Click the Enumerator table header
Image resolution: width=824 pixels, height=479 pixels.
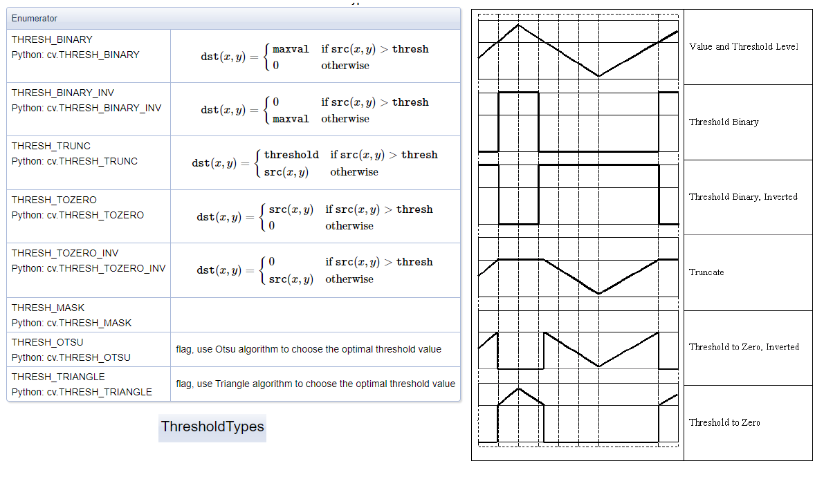34,19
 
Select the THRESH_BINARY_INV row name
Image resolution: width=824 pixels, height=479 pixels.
62,93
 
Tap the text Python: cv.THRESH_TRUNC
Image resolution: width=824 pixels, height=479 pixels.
75,161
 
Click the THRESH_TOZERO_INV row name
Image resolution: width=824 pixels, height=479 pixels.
65,253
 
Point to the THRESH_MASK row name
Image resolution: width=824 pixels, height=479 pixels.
48,308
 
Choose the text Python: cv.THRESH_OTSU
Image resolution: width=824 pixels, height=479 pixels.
71,357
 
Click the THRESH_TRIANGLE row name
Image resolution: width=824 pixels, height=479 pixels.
58,377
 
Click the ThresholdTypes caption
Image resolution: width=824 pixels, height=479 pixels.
212,426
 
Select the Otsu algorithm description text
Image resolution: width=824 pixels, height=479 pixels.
309,349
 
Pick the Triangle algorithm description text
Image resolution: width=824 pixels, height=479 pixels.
315,384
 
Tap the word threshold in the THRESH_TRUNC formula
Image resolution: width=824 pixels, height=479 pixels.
291,155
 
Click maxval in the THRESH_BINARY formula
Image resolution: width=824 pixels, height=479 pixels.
291,49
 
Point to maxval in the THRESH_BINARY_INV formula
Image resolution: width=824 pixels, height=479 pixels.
291,119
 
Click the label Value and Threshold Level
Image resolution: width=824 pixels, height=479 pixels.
744,47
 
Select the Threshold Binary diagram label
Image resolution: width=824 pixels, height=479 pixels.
724,122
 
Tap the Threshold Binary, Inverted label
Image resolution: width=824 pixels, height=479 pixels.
743,197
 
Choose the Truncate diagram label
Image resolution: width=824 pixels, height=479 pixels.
706,272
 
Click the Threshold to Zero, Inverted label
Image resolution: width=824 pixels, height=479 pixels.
744,347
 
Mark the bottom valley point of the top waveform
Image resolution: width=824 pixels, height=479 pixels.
598,76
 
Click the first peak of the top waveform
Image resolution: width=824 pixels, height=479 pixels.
519,25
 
